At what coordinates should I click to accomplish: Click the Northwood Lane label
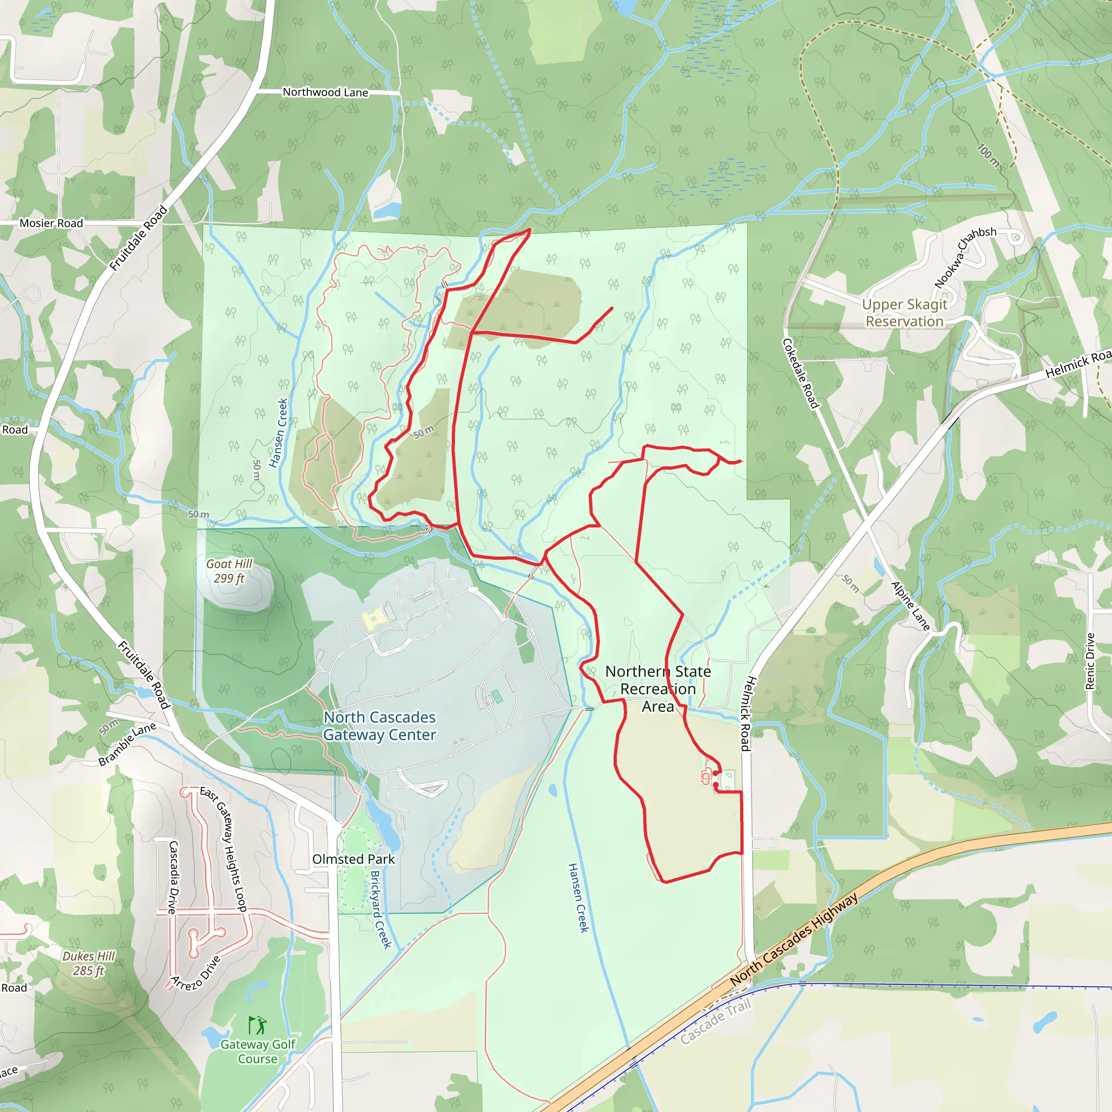325,92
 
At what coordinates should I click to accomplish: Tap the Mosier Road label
51,223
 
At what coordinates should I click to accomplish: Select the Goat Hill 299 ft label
229,571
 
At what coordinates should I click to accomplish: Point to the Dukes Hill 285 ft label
89,963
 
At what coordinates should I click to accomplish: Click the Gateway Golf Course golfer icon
257,1025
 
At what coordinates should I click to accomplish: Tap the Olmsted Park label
353,859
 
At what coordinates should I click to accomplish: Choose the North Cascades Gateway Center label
380,726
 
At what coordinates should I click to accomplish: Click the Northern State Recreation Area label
658,689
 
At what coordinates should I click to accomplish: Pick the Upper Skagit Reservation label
904,313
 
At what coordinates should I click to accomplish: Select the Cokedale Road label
800,373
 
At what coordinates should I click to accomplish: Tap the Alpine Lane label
910,606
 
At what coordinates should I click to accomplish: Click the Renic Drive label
1090,661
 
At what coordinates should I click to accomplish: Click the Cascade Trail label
716,1021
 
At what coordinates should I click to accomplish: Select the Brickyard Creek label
381,909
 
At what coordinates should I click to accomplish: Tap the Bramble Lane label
127,744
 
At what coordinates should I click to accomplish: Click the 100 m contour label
989,155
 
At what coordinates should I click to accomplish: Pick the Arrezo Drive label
195,974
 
